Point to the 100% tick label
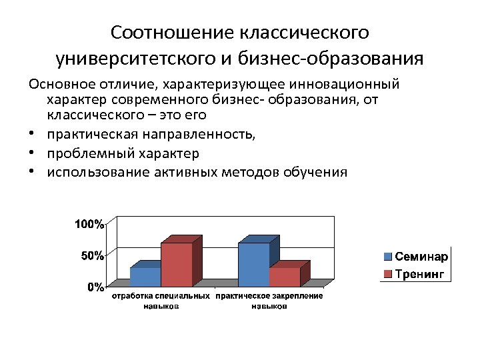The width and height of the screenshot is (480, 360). coord(89,225)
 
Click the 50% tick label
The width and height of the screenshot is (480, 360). coord(91,256)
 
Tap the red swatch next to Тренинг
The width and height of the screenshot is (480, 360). coord(388,273)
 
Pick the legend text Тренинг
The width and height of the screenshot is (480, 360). coord(419,273)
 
